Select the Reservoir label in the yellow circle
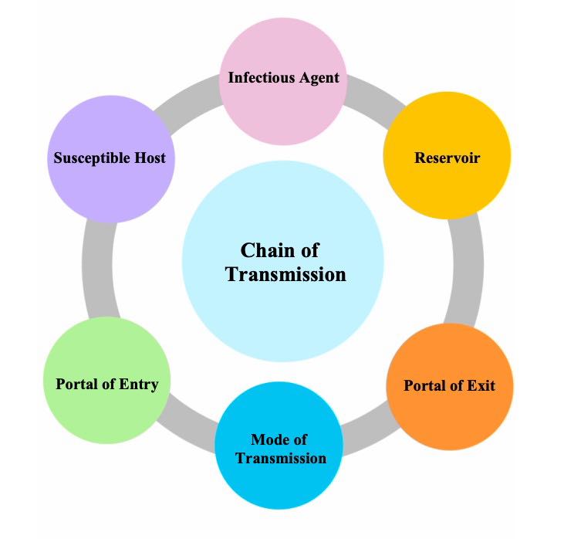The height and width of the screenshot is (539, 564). click(447, 158)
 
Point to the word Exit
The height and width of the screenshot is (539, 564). click(480, 385)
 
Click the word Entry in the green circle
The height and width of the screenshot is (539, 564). click(139, 384)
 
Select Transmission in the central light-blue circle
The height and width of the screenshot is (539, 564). click(286, 274)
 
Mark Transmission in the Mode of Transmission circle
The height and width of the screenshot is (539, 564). click(281, 459)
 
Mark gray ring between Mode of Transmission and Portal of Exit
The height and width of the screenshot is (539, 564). click(369, 423)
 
